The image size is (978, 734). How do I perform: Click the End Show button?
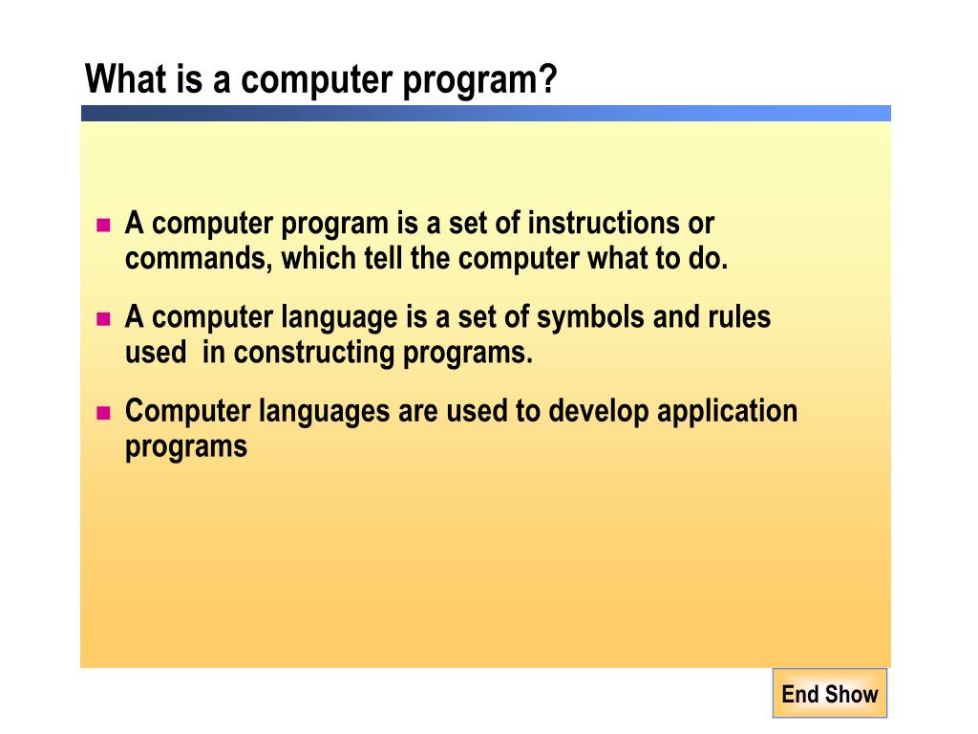(829, 694)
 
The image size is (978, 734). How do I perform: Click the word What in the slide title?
(126, 78)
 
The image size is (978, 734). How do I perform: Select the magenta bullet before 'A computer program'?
(104, 227)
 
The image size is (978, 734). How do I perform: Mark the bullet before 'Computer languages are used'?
(104, 414)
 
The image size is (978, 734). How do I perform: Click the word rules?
(738, 317)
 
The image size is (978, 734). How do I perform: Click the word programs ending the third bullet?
(186, 447)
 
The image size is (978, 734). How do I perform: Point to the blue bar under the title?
(485, 113)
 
